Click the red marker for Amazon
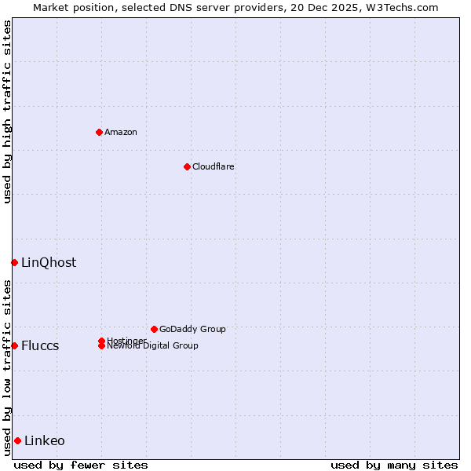coord(99,132)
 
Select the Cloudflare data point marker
coord(187,166)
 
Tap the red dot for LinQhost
coord(14,262)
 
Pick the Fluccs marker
coord(14,345)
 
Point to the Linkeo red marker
coord(17,440)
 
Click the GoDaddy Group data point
coord(154,329)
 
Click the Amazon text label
coord(120,132)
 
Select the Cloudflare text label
coord(213,166)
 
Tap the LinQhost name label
coord(49,262)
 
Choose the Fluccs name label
coord(40,345)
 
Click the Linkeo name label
coord(45,440)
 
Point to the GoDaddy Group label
coord(192,329)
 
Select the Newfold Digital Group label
coord(152,346)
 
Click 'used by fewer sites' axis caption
coord(81,465)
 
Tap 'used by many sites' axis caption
coord(394,465)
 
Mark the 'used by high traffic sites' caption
coord(7,111)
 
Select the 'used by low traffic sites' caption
coord(7,367)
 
